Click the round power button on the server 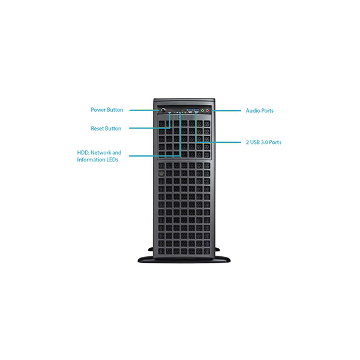click(x=163, y=110)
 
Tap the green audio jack click(x=202, y=110)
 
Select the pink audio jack click(x=207, y=110)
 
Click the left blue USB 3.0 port click(x=190, y=110)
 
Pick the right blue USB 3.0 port click(x=196, y=110)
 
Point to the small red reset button click(x=170, y=110)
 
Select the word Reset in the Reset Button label click(x=97, y=128)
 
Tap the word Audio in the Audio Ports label click(x=253, y=110)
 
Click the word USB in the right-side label click(x=254, y=142)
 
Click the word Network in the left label click(x=101, y=152)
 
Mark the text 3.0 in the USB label click(x=264, y=142)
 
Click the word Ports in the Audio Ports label click(x=268, y=110)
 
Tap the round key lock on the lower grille click(x=161, y=173)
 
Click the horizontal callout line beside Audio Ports click(x=226, y=110)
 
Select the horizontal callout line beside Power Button click(x=144, y=110)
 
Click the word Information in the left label click(x=91, y=160)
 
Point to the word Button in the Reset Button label click(x=113, y=128)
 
